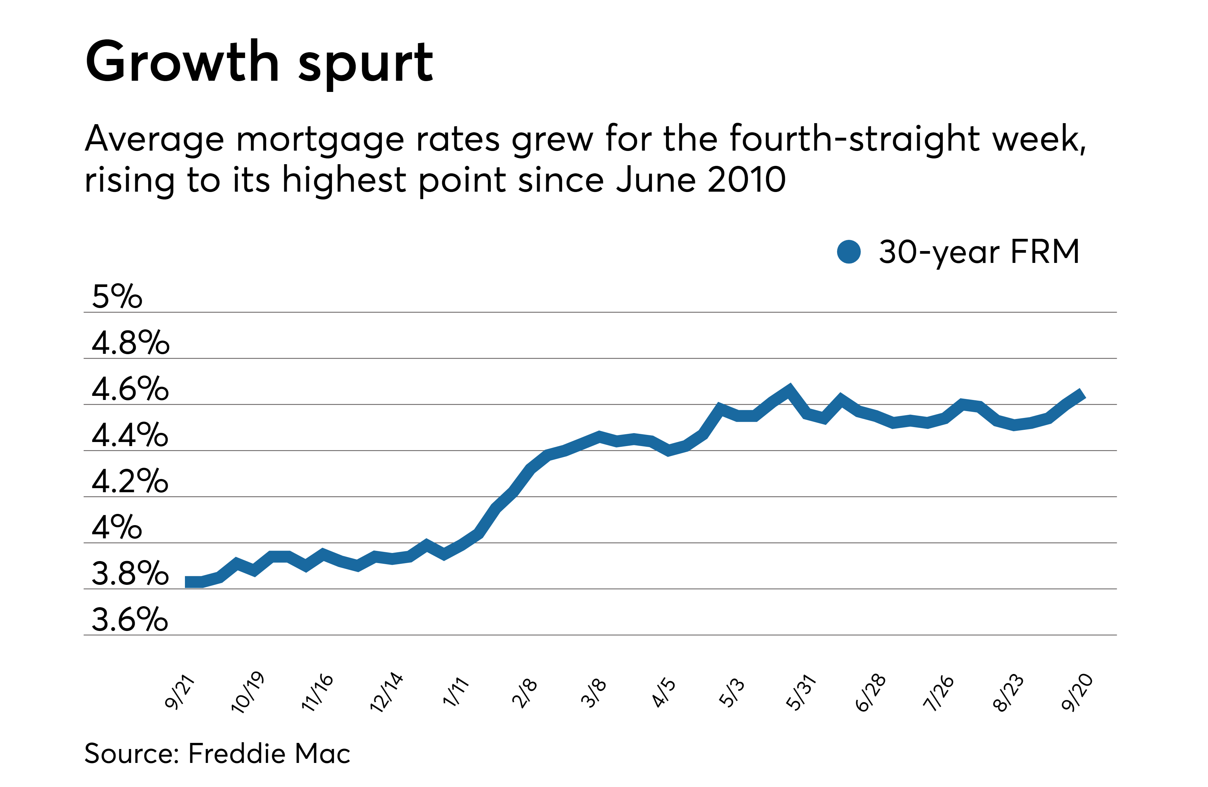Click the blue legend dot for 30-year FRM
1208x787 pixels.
(x=849, y=252)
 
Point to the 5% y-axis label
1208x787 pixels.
(x=117, y=296)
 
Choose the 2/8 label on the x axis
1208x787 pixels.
(x=524, y=693)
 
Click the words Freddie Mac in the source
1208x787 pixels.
(x=269, y=753)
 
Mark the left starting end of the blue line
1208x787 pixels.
(x=187, y=582)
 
